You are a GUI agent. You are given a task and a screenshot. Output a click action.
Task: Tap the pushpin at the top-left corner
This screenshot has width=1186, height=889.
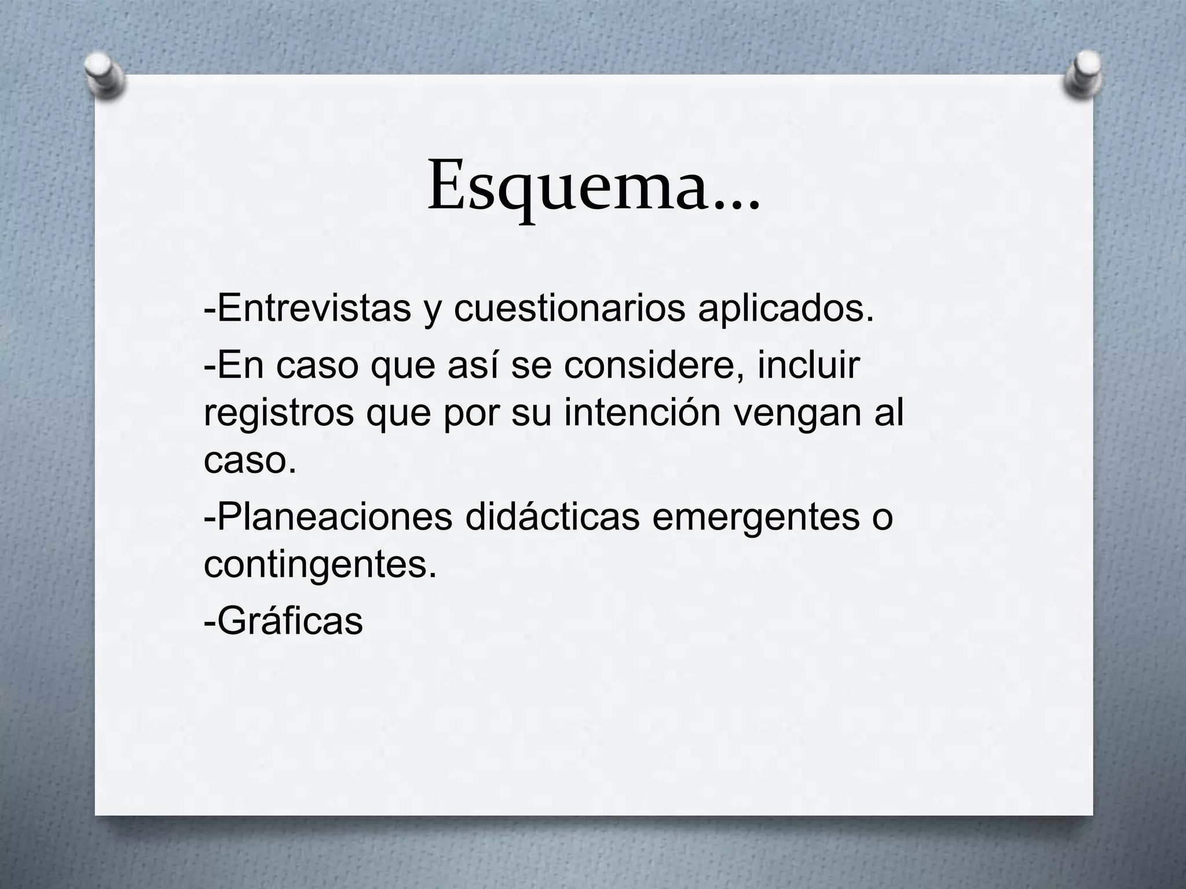click(x=104, y=75)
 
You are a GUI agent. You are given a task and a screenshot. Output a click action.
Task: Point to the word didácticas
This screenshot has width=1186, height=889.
click(x=552, y=516)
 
